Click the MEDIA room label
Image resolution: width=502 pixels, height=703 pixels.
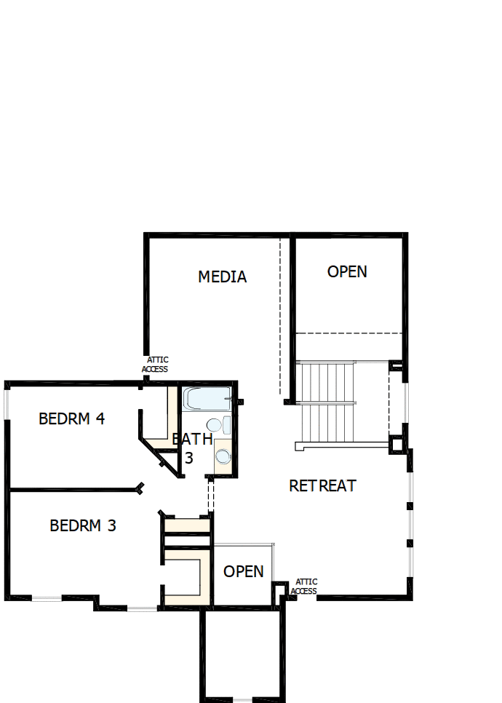pyautogui.click(x=223, y=277)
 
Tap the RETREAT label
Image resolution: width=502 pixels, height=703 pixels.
pyautogui.click(x=322, y=485)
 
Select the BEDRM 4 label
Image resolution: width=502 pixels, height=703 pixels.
pyautogui.click(x=72, y=418)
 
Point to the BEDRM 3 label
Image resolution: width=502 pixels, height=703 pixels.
pyautogui.click(x=83, y=525)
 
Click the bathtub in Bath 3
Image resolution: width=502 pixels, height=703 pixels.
pyautogui.click(x=207, y=399)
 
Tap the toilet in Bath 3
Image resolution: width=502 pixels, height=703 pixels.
pyautogui.click(x=218, y=424)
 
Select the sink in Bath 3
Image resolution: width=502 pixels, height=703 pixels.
pyautogui.click(x=223, y=456)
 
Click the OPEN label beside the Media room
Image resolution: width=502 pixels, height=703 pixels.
pyautogui.click(x=347, y=271)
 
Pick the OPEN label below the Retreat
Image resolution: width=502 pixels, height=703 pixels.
pyautogui.click(x=244, y=571)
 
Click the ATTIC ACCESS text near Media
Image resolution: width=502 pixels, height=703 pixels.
pyautogui.click(x=155, y=365)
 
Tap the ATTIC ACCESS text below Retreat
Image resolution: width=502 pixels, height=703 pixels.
pyautogui.click(x=304, y=587)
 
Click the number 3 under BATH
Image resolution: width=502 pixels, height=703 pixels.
pyautogui.click(x=189, y=458)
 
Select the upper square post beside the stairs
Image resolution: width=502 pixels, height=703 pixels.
pyautogui.click(x=396, y=366)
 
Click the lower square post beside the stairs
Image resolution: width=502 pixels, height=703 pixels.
pyautogui.click(x=397, y=445)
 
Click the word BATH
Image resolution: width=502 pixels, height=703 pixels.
pyautogui.click(x=192, y=439)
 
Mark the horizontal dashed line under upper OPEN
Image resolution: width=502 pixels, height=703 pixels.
pyautogui.click(x=348, y=333)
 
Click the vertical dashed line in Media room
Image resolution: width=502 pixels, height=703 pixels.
pyautogui.click(x=281, y=316)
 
